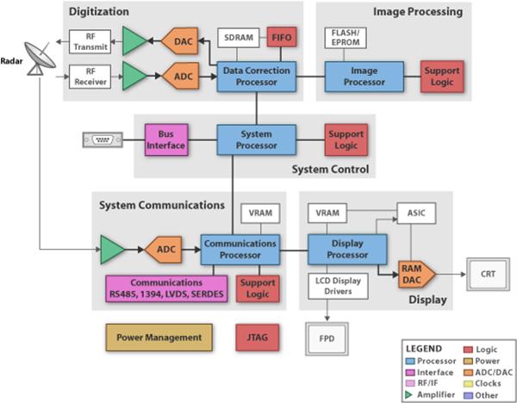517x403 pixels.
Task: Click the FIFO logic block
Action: [x=281, y=37]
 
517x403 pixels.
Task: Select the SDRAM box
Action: [x=238, y=38]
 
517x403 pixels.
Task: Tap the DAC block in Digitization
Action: [x=180, y=41]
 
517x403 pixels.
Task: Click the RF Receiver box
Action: [x=90, y=77]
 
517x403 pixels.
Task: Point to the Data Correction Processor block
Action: [x=256, y=77]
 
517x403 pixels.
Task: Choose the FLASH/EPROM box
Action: [x=346, y=38]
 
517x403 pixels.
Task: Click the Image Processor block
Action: [x=364, y=77]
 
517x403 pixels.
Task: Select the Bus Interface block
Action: [x=166, y=139]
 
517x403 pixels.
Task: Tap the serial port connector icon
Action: [x=103, y=139]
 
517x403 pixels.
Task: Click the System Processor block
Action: [x=256, y=139]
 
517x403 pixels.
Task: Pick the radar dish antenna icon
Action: [x=40, y=59]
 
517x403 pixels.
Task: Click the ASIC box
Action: [x=416, y=214]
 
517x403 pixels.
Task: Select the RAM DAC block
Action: [x=416, y=274]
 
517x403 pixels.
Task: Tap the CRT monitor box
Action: [x=488, y=274]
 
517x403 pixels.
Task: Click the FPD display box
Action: [x=327, y=338]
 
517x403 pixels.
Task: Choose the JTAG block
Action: [x=257, y=338]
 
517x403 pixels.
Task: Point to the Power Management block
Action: [x=159, y=338]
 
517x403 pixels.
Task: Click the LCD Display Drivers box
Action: [x=338, y=286]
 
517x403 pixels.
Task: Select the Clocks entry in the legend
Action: [x=483, y=383]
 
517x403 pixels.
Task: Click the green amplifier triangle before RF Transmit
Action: [x=133, y=40]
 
